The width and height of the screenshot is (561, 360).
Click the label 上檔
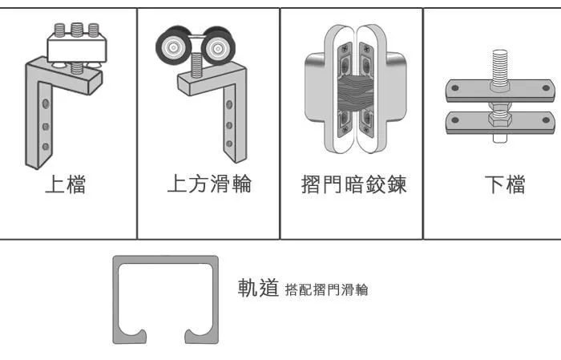66,184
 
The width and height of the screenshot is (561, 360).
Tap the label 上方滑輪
210,184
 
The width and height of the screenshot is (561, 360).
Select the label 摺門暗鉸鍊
354,184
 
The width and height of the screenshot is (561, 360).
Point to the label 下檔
505,184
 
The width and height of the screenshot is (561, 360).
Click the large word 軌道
258,287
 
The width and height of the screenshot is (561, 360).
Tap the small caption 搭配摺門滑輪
326,289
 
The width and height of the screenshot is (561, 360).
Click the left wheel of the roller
174,47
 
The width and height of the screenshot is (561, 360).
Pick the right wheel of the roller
218,47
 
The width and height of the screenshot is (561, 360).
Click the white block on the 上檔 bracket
77,50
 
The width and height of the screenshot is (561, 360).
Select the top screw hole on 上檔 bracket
46,103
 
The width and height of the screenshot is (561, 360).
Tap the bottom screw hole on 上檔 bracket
46,147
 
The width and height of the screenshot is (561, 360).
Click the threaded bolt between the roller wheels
196,65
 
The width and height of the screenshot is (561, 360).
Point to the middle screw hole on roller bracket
229,125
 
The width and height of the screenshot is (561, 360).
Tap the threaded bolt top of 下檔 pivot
500,68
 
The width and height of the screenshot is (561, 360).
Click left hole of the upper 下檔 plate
455,87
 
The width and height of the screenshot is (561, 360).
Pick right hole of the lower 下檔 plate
546,120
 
